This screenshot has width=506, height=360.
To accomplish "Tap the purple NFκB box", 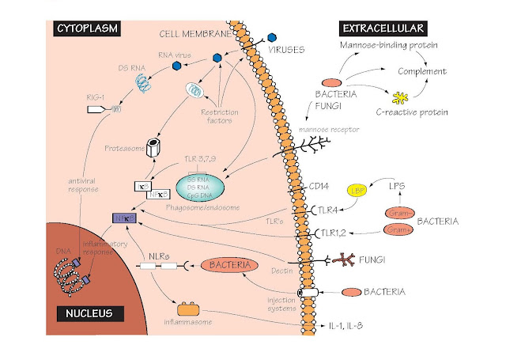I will [x=125, y=218].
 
